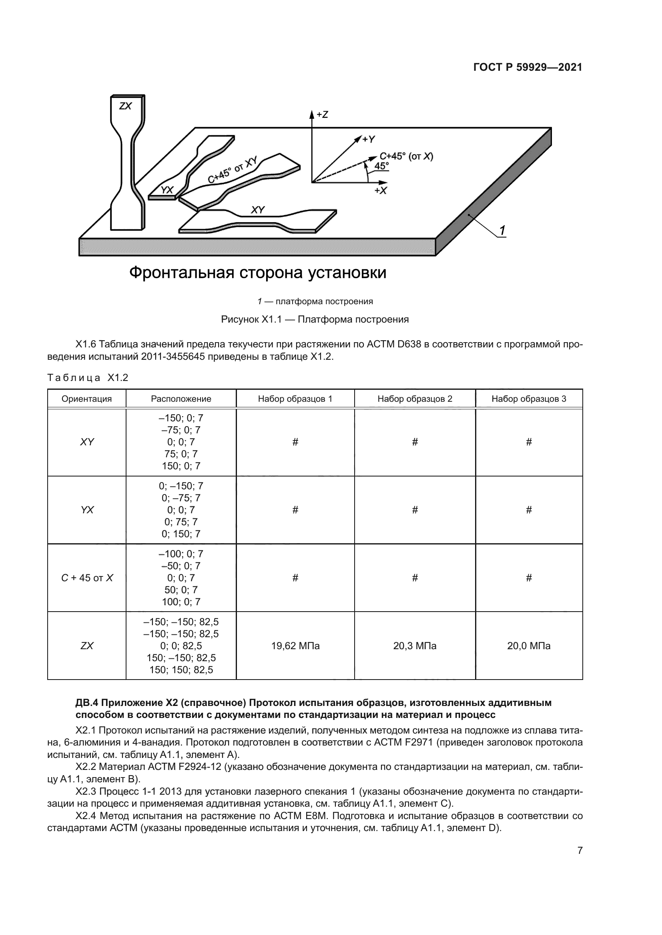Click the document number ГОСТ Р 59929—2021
point(528,67)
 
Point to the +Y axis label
point(369,139)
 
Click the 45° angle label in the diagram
point(381,166)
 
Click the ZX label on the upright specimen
point(126,106)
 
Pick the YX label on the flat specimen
point(167,190)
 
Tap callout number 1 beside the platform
point(502,231)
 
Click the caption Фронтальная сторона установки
point(258,273)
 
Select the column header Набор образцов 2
point(415,399)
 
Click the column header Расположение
point(181,399)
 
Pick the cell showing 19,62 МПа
point(295,646)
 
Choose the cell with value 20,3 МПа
point(415,646)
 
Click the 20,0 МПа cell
point(529,646)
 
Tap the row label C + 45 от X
point(87,578)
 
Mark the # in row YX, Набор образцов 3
point(529,510)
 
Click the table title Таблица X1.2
point(88,378)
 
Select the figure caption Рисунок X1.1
point(315,319)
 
